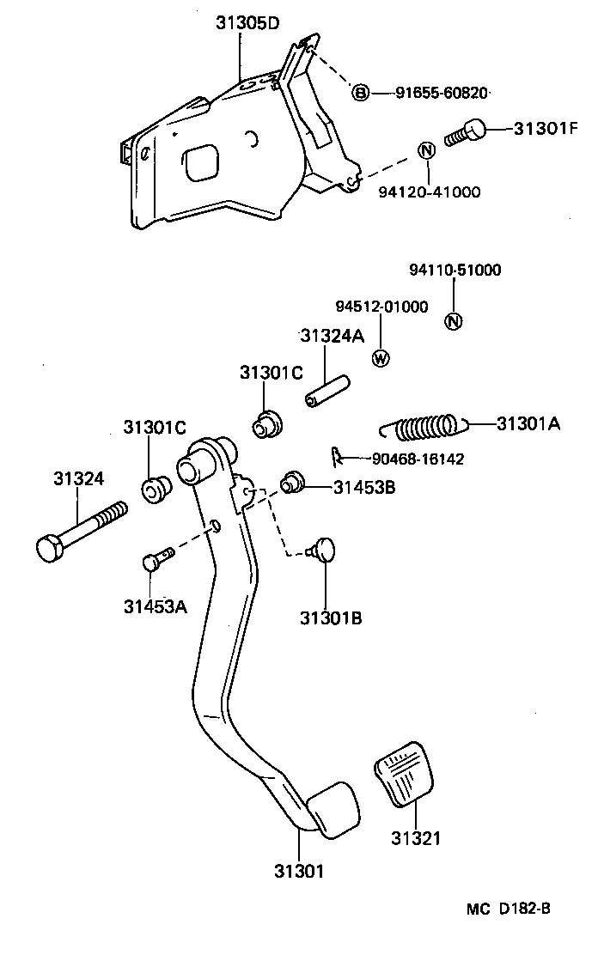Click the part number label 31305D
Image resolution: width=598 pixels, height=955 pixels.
point(247,23)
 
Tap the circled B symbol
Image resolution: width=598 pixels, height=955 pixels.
point(361,93)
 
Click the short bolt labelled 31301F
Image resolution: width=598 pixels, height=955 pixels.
point(466,133)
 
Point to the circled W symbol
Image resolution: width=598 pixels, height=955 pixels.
point(381,358)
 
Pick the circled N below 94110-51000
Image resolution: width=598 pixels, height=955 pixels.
point(454,322)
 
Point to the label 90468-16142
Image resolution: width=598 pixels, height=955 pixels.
point(418,459)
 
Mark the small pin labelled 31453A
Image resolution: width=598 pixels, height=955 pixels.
point(156,559)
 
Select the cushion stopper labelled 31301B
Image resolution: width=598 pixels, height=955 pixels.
point(325,548)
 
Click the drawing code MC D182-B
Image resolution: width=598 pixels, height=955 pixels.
point(508,909)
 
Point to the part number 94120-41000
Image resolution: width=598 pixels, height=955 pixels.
point(429,192)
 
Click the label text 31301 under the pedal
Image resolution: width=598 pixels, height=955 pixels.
point(298,870)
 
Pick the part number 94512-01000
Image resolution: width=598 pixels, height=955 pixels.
point(381,307)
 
